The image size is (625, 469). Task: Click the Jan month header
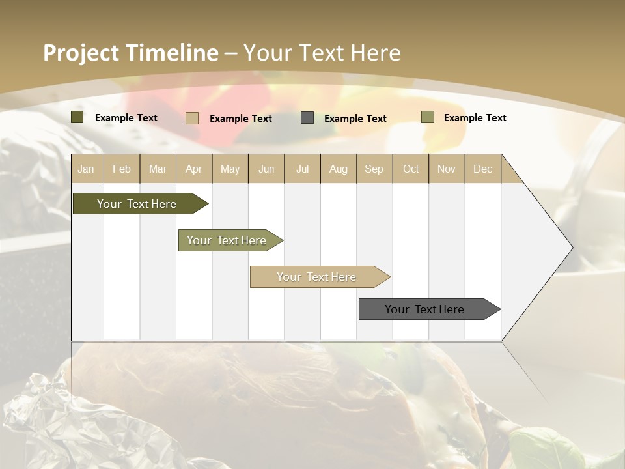click(x=87, y=169)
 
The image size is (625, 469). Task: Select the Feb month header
click(x=122, y=169)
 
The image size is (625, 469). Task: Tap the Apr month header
click(x=193, y=169)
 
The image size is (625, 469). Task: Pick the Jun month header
click(x=266, y=169)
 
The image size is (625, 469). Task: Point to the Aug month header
click(x=338, y=169)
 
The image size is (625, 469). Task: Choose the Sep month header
click(x=374, y=169)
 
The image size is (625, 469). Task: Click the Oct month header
click(x=411, y=169)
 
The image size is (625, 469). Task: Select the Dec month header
click(x=482, y=169)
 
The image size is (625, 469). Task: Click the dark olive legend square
click(x=77, y=117)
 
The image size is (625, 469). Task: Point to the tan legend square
click(x=192, y=118)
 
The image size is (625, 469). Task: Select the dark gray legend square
click(x=307, y=118)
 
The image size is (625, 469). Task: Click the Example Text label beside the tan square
click(x=241, y=119)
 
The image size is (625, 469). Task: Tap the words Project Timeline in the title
click(x=131, y=53)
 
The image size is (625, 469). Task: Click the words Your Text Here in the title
click(x=322, y=53)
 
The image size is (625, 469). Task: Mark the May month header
click(x=230, y=169)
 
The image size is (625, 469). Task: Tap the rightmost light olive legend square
click(x=427, y=117)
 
